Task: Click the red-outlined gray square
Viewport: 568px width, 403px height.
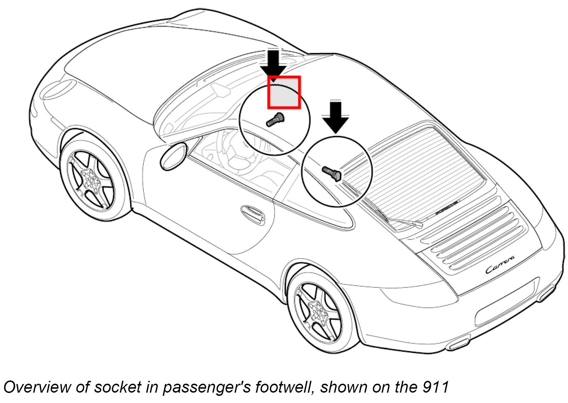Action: (x=284, y=92)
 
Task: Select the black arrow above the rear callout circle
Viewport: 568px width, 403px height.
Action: (x=336, y=116)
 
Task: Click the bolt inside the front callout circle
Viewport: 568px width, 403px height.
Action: (x=275, y=120)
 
